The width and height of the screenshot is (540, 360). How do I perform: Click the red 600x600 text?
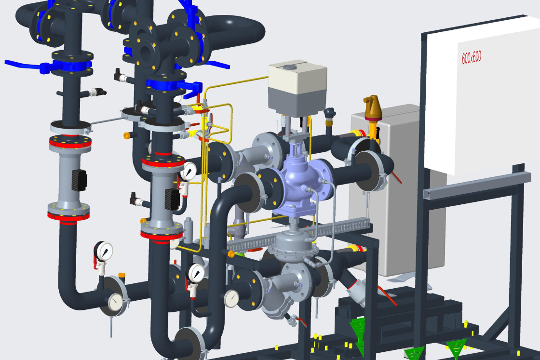coord(471,57)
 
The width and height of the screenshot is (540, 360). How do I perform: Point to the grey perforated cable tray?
coord(299,235)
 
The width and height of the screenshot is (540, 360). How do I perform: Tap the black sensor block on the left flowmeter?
coord(79,180)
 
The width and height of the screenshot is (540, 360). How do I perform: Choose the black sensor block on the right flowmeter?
coord(173,199)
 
